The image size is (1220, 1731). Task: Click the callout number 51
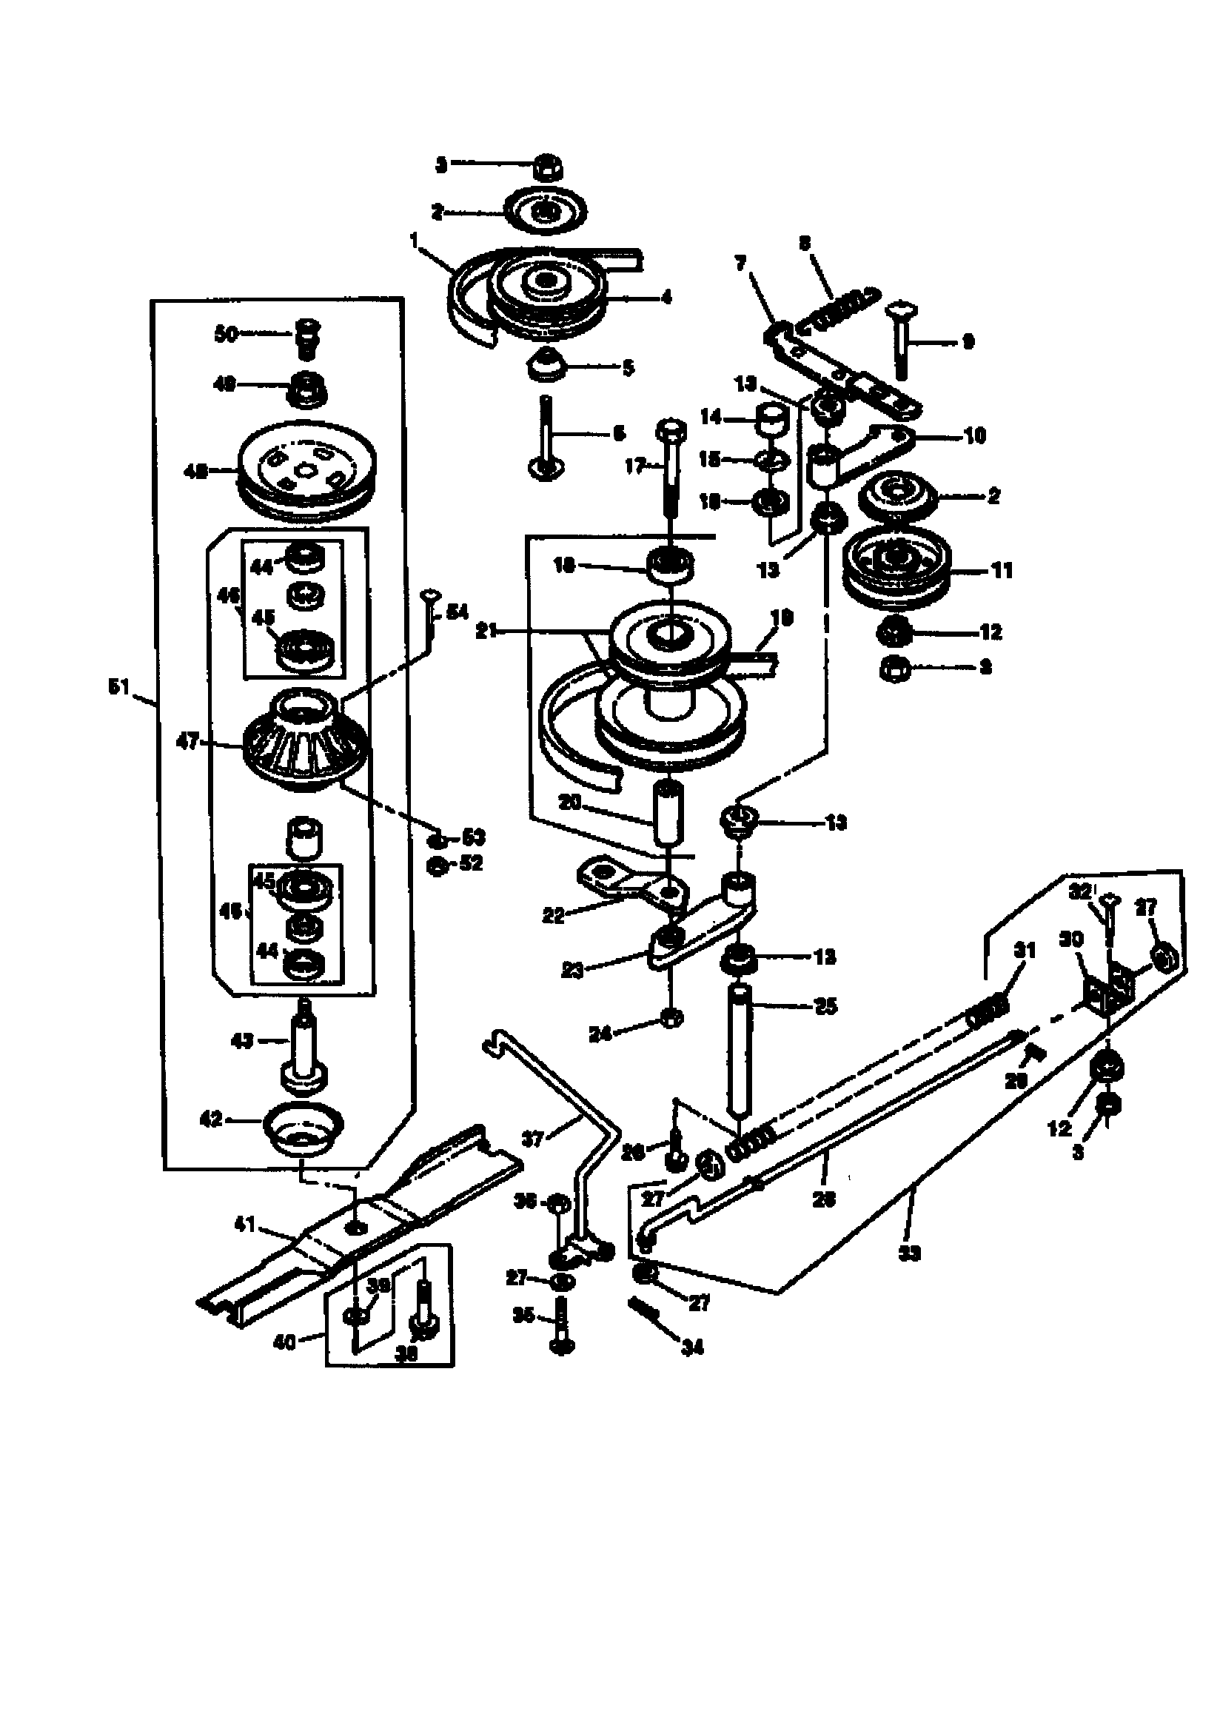(120, 688)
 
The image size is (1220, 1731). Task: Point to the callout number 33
(911, 1253)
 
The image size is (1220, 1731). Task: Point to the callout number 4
(666, 297)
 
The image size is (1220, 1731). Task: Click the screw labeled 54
(431, 615)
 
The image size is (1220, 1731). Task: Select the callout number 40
(284, 1342)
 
